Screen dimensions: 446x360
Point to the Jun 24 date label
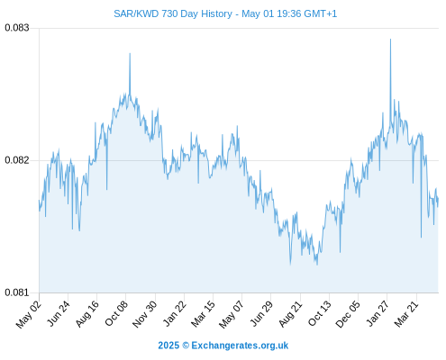pyautogui.click(x=59, y=313)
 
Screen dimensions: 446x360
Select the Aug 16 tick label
pyautogui.click(x=87, y=314)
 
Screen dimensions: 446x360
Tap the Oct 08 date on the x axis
pyautogui.click(x=116, y=313)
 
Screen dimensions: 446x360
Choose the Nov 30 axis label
pyautogui.click(x=145, y=314)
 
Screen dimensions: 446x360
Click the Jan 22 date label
pyautogui.click(x=175, y=313)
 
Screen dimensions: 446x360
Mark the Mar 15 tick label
pyautogui.click(x=204, y=314)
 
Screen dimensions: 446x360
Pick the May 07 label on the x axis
pyautogui.click(x=232, y=314)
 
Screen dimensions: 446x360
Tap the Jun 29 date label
pyautogui.click(x=261, y=313)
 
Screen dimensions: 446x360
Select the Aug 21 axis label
pyautogui.click(x=290, y=314)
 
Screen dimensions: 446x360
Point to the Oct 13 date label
pyautogui.click(x=320, y=313)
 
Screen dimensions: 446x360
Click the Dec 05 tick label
pyautogui.click(x=348, y=314)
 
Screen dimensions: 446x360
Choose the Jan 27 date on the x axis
pyautogui.click(x=378, y=313)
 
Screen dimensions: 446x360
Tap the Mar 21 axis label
pyautogui.click(x=406, y=313)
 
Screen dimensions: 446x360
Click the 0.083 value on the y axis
pyautogui.click(x=17, y=28)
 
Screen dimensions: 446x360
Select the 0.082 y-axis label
pyautogui.click(x=17, y=160)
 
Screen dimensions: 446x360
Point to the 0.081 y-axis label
pyautogui.click(x=17, y=292)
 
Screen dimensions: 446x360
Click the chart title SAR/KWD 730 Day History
pyautogui.click(x=173, y=13)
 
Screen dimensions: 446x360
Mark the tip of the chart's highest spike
pyautogui.click(x=390, y=39)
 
